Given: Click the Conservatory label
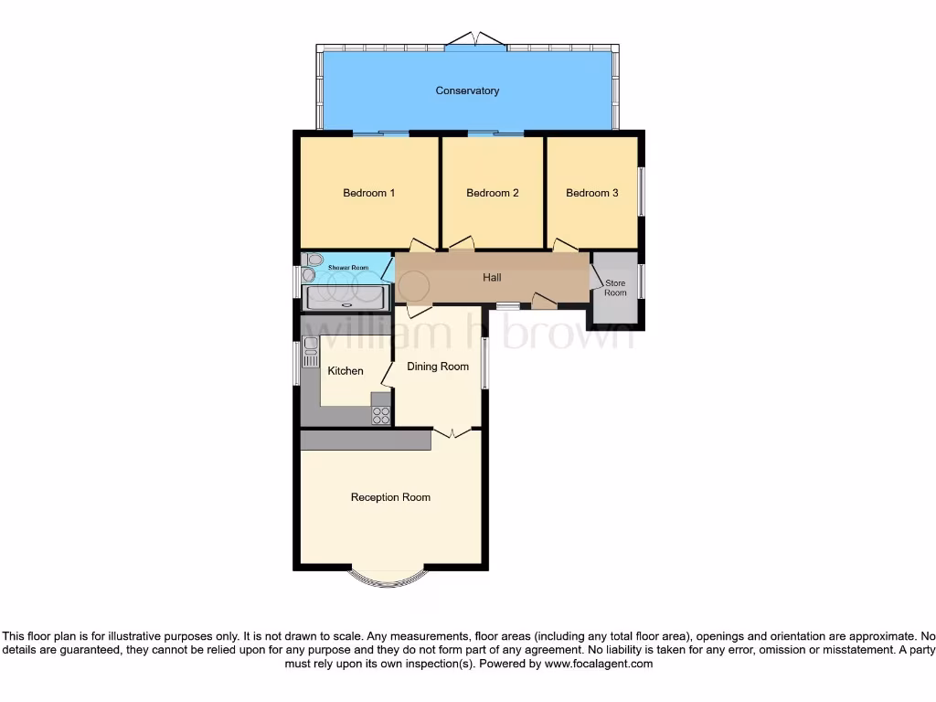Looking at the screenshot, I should (x=467, y=90).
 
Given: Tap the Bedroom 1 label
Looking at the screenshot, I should (x=368, y=193).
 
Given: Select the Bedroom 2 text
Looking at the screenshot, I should (x=493, y=193).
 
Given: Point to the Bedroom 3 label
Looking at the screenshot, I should (x=591, y=193).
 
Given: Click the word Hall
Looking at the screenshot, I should (x=492, y=277).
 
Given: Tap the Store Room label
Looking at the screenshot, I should (x=615, y=288).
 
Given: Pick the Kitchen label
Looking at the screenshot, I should (x=346, y=371).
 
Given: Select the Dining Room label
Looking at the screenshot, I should (x=438, y=367).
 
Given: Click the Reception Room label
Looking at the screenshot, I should (x=390, y=497).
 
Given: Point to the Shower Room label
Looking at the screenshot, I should (x=348, y=268).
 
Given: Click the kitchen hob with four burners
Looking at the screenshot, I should (x=381, y=415).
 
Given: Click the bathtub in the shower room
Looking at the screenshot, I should (x=345, y=297).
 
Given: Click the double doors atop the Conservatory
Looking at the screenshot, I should (x=476, y=39).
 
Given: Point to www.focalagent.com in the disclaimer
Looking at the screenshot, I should (x=599, y=664).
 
